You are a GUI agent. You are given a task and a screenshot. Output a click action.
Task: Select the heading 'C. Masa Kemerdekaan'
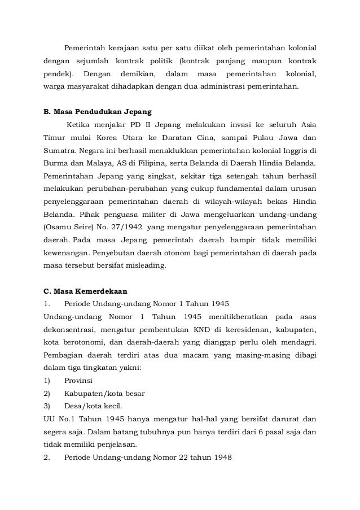coord(86,291)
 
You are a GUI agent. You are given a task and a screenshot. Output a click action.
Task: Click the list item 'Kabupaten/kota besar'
coord(104,394)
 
